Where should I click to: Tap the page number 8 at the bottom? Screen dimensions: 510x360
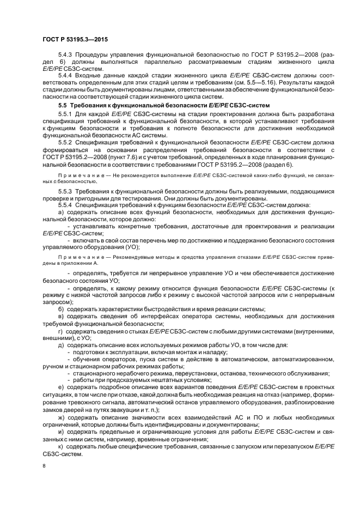44,466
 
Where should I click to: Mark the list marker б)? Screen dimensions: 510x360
61,309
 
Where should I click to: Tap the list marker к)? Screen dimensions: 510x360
61,446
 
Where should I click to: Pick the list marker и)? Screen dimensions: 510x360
61,432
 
